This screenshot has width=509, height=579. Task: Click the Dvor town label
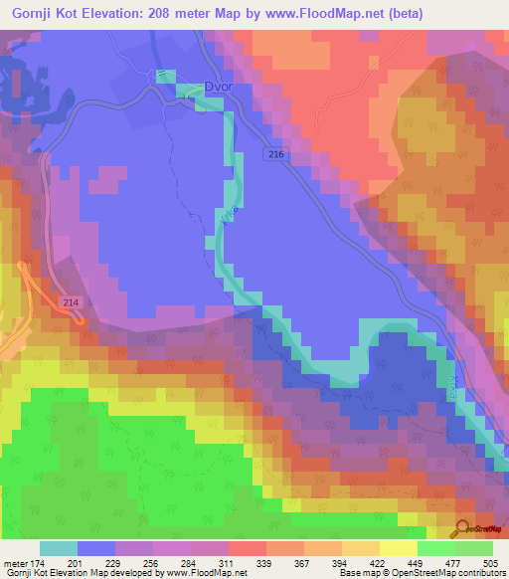[x=217, y=88]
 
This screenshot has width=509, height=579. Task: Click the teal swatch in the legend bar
[x=59, y=549]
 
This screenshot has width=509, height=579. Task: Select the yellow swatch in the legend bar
[x=398, y=549]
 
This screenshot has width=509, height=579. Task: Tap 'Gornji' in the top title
[x=28, y=14]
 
